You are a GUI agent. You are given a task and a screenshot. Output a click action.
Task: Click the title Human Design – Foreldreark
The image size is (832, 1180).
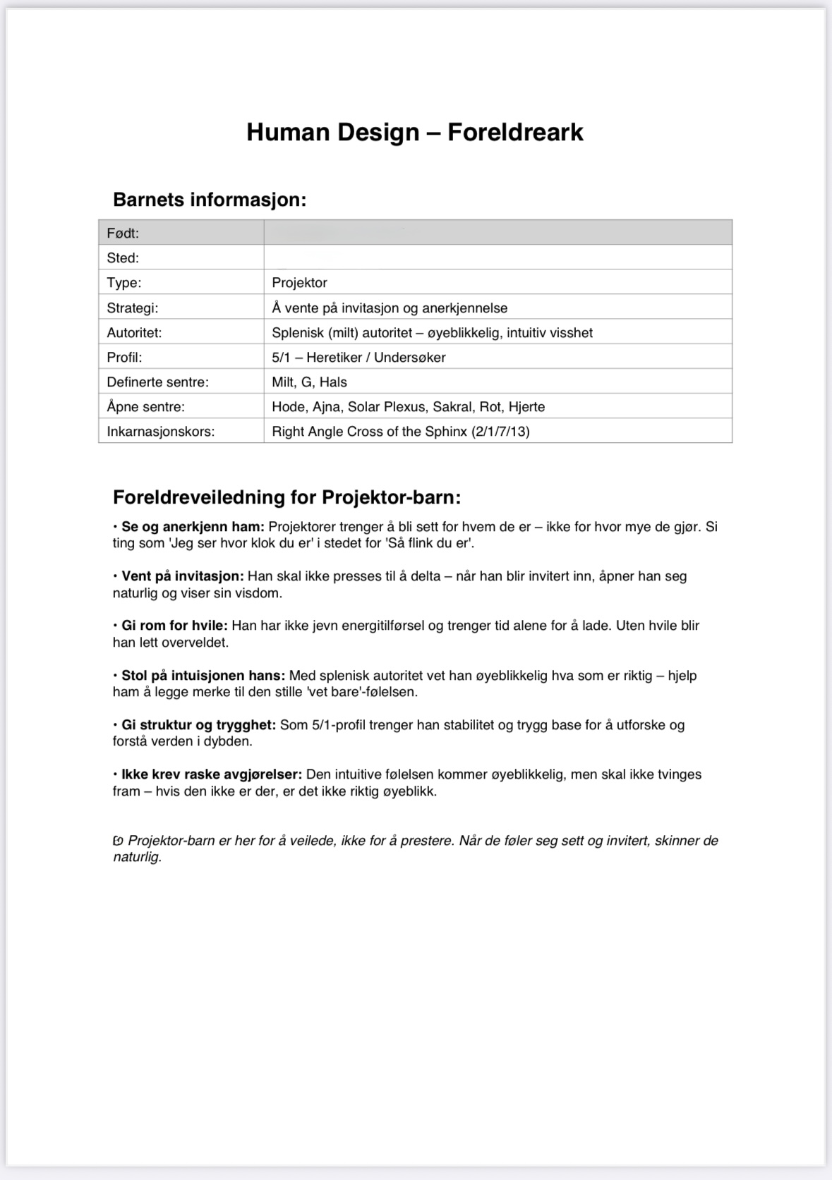tap(415, 133)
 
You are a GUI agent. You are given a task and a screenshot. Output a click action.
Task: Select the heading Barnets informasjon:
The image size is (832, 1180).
tap(210, 200)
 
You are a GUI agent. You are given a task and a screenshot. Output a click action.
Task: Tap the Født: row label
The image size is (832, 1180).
tap(123, 233)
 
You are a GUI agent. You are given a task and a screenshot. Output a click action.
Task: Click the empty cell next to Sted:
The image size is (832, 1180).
tap(498, 257)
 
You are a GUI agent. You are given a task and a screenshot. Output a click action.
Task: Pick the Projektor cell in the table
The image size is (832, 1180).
tap(300, 283)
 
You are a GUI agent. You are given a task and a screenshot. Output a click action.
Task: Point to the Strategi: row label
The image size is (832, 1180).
tap(133, 308)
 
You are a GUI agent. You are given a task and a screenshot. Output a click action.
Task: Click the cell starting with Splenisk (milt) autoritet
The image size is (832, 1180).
tap(432, 332)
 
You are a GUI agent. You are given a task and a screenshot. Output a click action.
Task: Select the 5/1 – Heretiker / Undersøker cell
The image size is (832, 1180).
tap(358, 357)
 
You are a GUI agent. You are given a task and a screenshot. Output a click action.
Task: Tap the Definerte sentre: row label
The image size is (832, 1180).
tap(158, 382)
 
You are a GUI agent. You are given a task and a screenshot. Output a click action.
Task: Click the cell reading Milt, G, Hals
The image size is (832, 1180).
tap(309, 382)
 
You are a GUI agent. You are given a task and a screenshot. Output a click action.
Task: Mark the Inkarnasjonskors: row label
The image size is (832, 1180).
tap(161, 431)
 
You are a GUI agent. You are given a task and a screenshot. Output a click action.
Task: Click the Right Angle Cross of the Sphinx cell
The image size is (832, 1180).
tap(400, 431)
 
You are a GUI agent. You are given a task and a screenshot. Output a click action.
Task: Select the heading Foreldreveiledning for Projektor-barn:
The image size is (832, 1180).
tap(287, 497)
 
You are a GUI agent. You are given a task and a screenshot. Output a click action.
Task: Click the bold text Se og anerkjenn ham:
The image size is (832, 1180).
tap(193, 526)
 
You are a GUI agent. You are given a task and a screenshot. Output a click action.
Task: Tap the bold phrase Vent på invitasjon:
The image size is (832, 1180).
tap(182, 576)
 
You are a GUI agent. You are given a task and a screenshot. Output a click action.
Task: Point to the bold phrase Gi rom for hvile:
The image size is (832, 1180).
tap(174, 626)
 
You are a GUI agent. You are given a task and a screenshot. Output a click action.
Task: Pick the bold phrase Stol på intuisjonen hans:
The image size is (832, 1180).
tap(203, 675)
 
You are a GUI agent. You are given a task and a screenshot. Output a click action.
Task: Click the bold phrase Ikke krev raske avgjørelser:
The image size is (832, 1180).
tap(212, 774)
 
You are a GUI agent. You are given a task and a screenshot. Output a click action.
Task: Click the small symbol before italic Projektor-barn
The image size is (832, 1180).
tap(118, 841)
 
